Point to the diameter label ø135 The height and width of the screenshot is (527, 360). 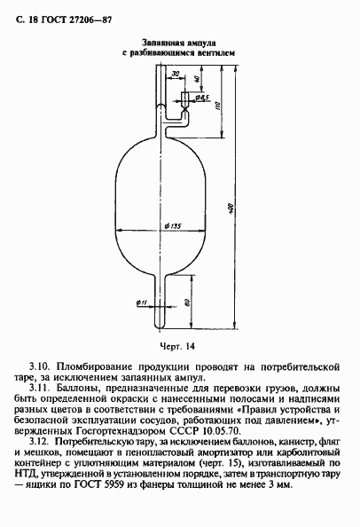[x=174, y=227]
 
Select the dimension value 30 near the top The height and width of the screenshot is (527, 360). [x=176, y=73]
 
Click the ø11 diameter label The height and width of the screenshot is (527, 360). [x=142, y=303]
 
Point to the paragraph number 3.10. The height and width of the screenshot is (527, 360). [x=41, y=365]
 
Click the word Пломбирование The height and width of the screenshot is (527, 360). [x=95, y=365]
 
